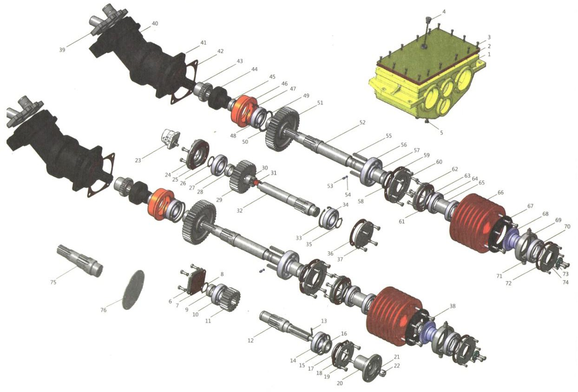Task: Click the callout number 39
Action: pos(62,50)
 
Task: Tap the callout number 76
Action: pos(103,310)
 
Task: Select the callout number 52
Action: pos(362,123)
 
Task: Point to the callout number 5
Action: pos(441,133)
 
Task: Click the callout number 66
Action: pos(500,193)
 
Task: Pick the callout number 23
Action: pos(138,160)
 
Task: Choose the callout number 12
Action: pos(250,341)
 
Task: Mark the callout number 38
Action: pos(453,306)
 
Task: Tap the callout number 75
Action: pos(53,282)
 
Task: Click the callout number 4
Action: pos(444,12)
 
